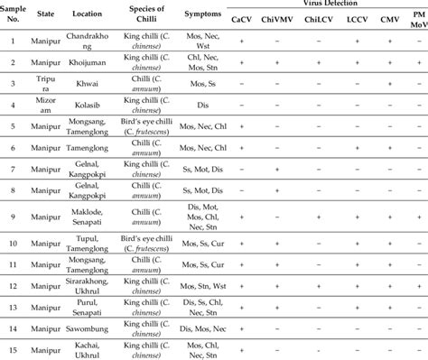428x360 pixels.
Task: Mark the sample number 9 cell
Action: click(13, 217)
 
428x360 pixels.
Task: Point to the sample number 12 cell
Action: click(13, 285)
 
